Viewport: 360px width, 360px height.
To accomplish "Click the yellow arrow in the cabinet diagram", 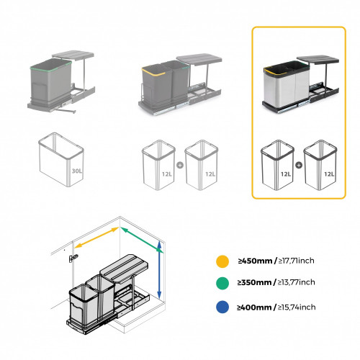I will click(x=97, y=238).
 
